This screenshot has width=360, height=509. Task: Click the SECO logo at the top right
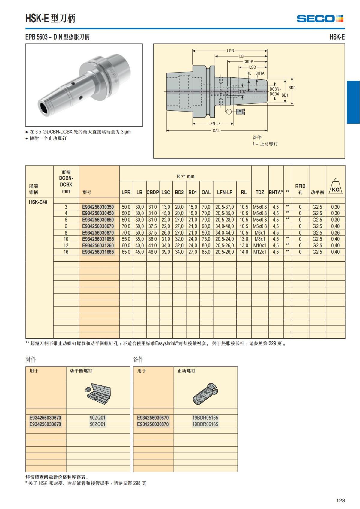[x=320, y=19]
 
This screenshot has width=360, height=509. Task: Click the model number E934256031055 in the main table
[x=98, y=239]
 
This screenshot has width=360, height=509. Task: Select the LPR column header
[x=126, y=192]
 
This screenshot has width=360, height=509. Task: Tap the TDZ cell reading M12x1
[x=259, y=252]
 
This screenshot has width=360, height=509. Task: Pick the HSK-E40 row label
[x=38, y=202]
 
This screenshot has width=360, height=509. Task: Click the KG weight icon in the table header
[x=335, y=187]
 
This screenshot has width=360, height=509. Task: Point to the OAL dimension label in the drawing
[x=216, y=130]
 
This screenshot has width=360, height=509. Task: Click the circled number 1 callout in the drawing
[x=229, y=112]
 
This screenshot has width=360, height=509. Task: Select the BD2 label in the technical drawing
[x=292, y=88]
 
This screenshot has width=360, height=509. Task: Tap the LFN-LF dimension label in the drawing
[x=214, y=124]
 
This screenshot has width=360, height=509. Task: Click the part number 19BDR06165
[x=205, y=424]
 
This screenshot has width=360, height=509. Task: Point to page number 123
[x=340, y=500]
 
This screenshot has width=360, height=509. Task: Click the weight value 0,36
[x=335, y=233]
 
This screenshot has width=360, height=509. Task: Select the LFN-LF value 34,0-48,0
[x=224, y=226]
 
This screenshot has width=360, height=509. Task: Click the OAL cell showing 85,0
[x=206, y=252]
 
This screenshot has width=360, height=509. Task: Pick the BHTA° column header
[x=276, y=192]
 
